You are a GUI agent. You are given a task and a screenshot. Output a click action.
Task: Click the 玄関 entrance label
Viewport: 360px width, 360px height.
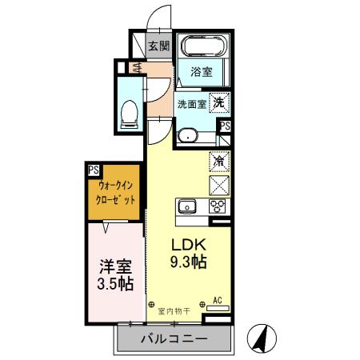[x=158, y=46]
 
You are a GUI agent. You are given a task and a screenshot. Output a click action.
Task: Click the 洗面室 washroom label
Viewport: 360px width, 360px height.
[x=192, y=103]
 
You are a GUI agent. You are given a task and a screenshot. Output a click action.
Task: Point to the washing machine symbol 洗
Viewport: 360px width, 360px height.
[x=219, y=102]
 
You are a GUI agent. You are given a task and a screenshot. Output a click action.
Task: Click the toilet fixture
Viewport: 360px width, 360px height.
[x=128, y=114]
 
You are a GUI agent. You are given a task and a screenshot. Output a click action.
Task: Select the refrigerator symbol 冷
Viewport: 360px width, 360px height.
[x=218, y=161]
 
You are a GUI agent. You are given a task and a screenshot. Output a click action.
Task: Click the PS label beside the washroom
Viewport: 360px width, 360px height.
[x=225, y=126]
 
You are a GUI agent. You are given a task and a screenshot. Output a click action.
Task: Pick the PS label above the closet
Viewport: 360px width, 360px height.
[x=94, y=170]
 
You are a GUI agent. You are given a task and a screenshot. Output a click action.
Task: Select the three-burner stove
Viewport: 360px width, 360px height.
[x=218, y=206]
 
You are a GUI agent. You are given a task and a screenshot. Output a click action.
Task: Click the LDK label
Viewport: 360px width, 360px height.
[x=189, y=244]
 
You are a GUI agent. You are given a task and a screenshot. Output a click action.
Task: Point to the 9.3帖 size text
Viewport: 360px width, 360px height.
[x=189, y=261]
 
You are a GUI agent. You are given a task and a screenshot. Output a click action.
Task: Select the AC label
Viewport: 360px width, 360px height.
[x=217, y=301]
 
